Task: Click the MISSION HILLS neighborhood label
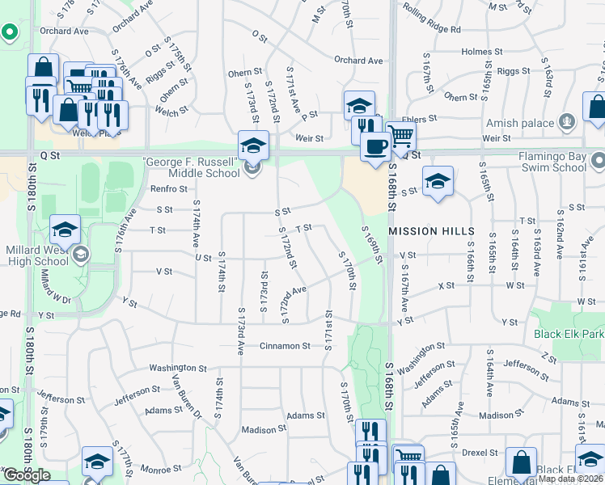pos(432,231)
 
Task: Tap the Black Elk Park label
pos(569,334)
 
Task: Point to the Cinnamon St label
pos(285,346)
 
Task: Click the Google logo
pos(27,475)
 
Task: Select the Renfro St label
pos(168,189)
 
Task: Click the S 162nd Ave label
pos(558,241)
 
